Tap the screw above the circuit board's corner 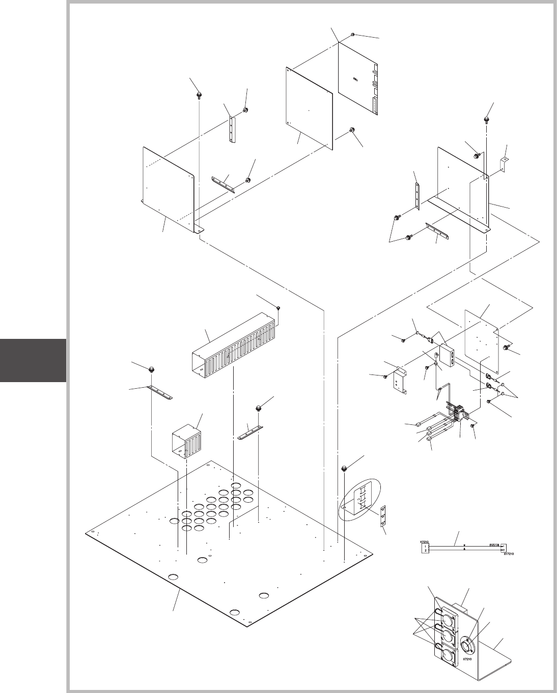(352, 34)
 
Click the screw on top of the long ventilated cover (279, 308)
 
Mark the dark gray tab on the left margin (33, 360)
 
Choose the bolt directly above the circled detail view (344, 468)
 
